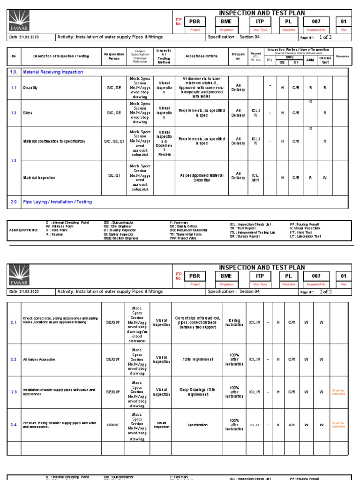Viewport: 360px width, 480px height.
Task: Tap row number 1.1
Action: point(14,88)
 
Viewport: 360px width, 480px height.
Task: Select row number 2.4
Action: point(14,425)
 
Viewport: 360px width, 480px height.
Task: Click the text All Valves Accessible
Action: point(39,360)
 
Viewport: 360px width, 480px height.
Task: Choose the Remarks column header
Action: point(342,56)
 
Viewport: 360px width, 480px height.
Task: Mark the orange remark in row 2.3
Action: point(338,392)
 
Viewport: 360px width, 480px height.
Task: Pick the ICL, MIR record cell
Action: point(255,178)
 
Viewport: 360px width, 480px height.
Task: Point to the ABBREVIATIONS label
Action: point(22,230)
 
